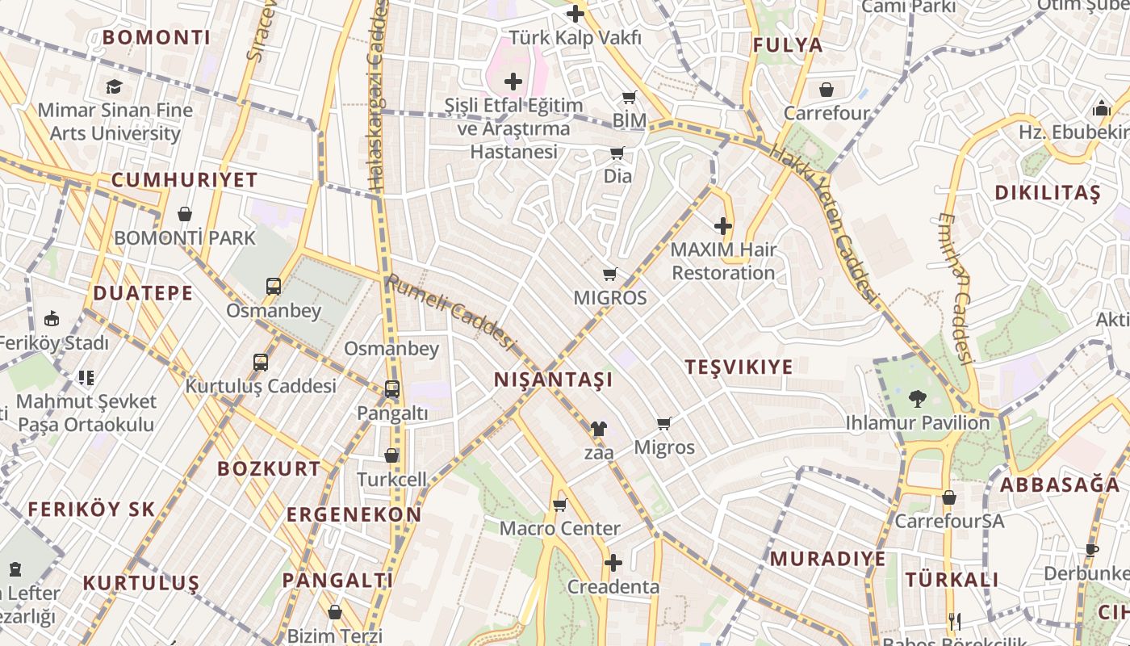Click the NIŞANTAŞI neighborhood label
[x=553, y=380]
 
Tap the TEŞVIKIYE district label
[x=739, y=367]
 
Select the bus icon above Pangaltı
[x=391, y=389]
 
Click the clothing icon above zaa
[x=598, y=429]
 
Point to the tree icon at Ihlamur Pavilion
[x=917, y=398]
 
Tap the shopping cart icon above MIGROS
[x=610, y=275]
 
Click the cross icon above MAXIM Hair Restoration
[x=723, y=226]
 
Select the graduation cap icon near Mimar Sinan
[x=114, y=86]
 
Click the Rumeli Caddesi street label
[x=450, y=313]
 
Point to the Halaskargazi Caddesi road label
[x=378, y=97]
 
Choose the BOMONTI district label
[x=157, y=37]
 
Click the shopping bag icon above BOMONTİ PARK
[x=185, y=214]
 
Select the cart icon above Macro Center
[x=559, y=505]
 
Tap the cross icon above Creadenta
[x=613, y=563]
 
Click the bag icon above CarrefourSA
[x=948, y=497]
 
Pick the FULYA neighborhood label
[x=788, y=45]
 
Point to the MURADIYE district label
[x=827, y=559]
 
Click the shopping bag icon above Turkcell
[x=391, y=455]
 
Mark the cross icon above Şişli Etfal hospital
[x=513, y=82]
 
